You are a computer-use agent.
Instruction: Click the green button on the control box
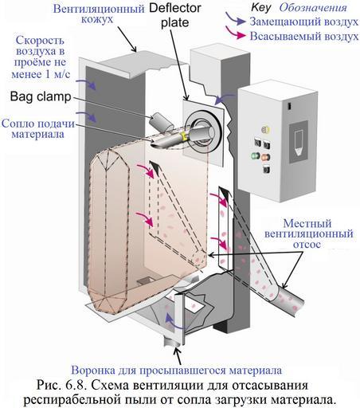(x=256, y=156)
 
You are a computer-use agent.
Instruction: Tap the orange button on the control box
(x=265, y=157)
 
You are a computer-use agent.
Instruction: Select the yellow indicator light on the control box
(x=265, y=130)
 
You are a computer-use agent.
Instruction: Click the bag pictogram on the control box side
(x=299, y=142)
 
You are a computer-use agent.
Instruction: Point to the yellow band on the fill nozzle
(x=183, y=136)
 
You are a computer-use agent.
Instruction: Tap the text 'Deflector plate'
(x=175, y=15)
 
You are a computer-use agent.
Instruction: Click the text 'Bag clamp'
(x=41, y=96)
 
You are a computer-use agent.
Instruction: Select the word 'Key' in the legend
(x=261, y=7)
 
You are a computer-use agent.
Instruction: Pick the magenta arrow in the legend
(x=236, y=33)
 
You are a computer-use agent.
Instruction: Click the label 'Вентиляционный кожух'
(x=99, y=14)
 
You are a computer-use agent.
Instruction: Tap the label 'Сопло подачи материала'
(x=38, y=129)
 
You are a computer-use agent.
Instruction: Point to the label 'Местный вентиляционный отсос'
(x=308, y=233)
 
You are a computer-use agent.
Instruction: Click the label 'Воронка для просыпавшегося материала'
(x=177, y=370)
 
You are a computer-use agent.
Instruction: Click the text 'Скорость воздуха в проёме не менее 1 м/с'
(x=41, y=57)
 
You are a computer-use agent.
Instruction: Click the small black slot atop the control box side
(x=290, y=106)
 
